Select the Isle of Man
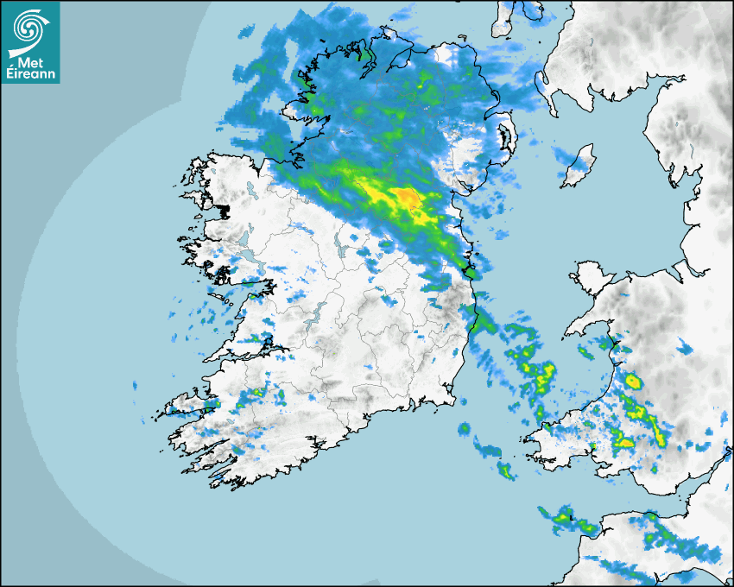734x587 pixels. (577, 166)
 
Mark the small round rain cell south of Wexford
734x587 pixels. (464, 429)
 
